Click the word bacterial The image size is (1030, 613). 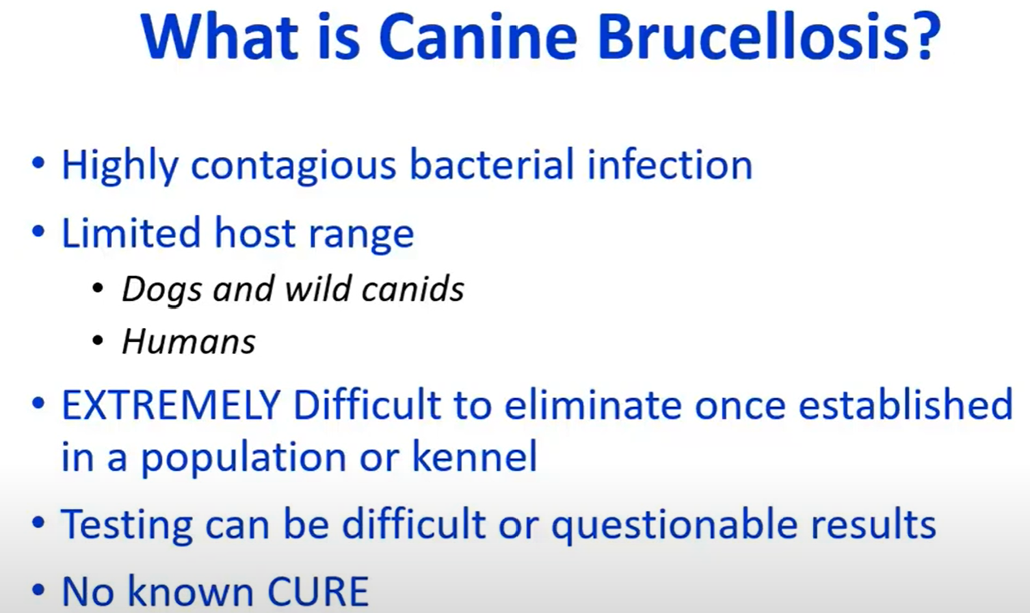point(491,164)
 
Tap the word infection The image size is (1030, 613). point(670,164)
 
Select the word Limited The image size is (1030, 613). point(131,232)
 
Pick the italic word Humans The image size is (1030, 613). point(189,342)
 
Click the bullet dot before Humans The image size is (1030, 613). point(98,342)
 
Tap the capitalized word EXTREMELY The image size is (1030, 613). point(171,405)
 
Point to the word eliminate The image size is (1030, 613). point(593,405)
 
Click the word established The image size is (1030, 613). point(906,403)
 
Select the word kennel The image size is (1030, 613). point(475,456)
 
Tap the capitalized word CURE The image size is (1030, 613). point(318,591)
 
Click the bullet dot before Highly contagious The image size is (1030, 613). point(38,163)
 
